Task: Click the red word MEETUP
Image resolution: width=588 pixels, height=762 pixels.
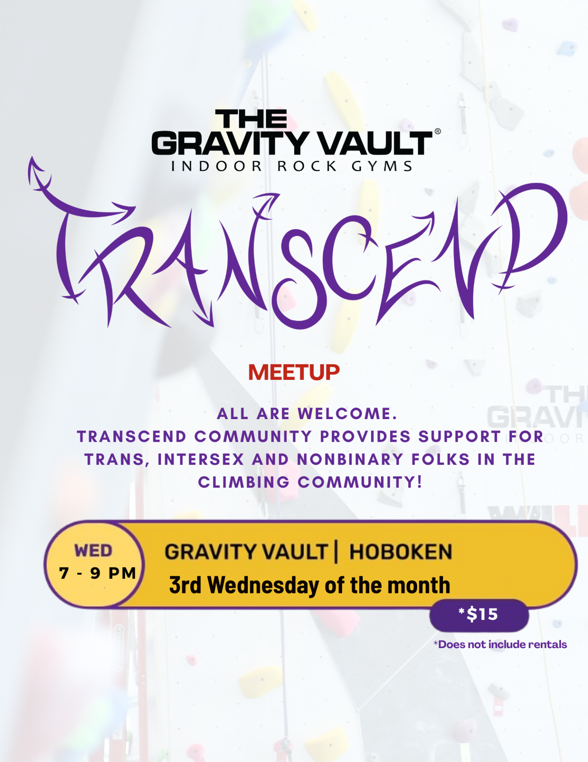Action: (x=294, y=372)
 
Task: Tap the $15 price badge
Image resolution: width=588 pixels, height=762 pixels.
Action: (x=479, y=615)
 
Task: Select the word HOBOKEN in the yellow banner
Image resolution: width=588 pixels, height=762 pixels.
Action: (x=400, y=552)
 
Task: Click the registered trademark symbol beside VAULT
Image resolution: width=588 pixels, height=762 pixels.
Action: (x=438, y=131)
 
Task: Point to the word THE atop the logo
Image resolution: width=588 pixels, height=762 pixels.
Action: (x=251, y=119)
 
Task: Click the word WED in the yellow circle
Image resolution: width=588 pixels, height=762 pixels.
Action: (x=94, y=551)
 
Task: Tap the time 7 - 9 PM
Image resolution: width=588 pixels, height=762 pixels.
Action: (x=98, y=573)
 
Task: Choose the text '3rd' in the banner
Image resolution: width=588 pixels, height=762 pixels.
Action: (x=185, y=585)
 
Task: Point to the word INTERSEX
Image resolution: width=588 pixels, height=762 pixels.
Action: (x=201, y=460)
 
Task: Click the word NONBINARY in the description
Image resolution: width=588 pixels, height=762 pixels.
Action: (x=350, y=460)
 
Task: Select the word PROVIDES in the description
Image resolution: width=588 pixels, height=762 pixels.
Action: (x=365, y=437)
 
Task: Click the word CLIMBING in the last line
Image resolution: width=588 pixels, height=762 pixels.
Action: (x=244, y=482)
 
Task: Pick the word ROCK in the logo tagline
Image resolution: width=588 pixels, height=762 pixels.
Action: (x=307, y=166)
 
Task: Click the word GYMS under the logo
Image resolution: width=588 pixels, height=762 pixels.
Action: (x=382, y=166)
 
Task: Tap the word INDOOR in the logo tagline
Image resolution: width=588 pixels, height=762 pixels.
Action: (x=216, y=166)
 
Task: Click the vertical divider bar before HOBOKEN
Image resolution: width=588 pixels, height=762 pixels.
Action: (x=336, y=551)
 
